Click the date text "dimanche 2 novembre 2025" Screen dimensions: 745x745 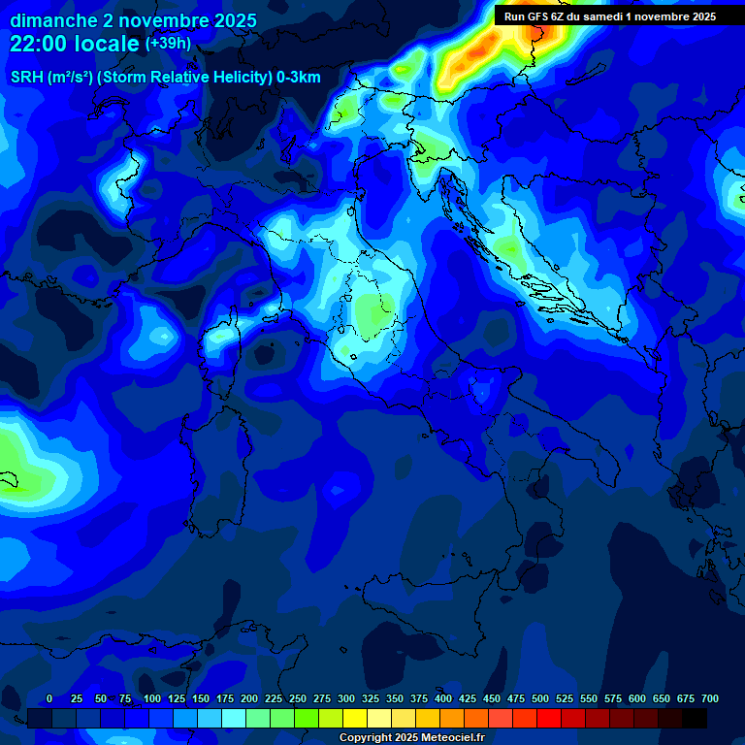[x=133, y=20]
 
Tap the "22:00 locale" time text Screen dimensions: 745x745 [x=76, y=44]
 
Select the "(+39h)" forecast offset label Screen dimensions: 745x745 [x=168, y=44]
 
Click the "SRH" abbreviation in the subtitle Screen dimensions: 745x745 [x=26, y=78]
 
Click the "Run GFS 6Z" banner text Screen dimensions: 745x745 [x=533, y=16]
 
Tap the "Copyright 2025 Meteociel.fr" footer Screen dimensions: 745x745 [x=411, y=738]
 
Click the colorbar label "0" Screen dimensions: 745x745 [x=49, y=699]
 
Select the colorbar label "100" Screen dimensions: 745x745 [x=151, y=699]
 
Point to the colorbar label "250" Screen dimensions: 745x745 [x=298, y=699]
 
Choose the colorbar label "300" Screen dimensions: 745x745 [x=346, y=699]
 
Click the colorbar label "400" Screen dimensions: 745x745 [x=443, y=699]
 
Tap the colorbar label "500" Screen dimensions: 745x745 [x=540, y=699]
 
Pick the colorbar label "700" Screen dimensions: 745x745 [x=709, y=699]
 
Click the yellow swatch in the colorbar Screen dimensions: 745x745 [x=355, y=719]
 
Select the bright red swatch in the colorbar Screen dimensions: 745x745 [x=549, y=719]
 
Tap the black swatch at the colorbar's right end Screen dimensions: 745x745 [x=695, y=719]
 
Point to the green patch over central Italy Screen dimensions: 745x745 [x=370, y=312]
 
